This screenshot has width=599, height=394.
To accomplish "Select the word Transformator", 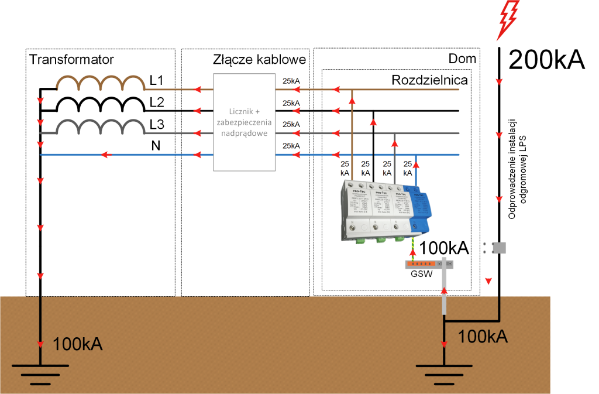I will (x=71, y=59).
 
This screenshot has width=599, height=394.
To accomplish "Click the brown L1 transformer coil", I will (x=100, y=83).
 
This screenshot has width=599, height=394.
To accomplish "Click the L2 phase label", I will (x=157, y=102).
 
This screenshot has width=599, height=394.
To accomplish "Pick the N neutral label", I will (x=156, y=145).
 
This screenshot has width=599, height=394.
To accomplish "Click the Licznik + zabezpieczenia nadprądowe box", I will (x=244, y=122).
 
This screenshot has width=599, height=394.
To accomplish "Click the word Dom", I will (x=462, y=59).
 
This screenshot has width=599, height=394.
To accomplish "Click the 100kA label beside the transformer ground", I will (x=78, y=344).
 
